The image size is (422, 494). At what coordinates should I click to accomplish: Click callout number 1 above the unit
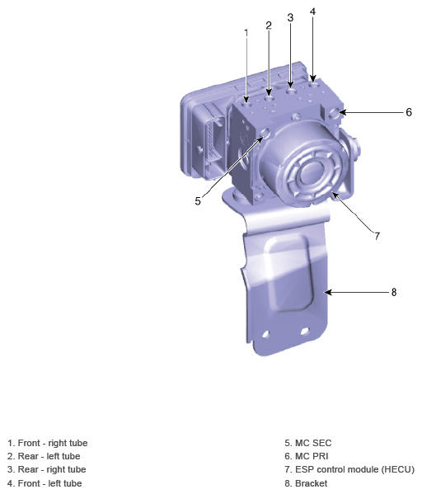(246, 32)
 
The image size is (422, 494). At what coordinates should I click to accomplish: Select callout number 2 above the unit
(269, 26)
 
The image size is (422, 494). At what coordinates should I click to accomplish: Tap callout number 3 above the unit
(290, 17)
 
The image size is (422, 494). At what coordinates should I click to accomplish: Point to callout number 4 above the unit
(312, 12)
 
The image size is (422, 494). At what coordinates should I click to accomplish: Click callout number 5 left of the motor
(198, 200)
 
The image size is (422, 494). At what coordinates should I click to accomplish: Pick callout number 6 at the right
(408, 112)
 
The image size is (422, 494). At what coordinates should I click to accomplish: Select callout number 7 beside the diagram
(377, 236)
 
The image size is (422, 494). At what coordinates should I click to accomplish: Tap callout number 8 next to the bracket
(393, 292)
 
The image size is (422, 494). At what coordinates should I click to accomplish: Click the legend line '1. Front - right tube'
(47, 443)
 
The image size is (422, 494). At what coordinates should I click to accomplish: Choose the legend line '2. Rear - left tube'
(44, 456)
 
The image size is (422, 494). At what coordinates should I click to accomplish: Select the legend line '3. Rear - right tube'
(46, 469)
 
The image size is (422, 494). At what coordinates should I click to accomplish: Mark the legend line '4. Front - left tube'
(45, 483)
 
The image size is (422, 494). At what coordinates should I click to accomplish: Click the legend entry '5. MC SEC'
(307, 443)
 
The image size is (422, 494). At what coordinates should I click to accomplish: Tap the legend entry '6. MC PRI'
(307, 456)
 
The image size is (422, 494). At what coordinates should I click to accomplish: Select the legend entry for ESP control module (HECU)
(349, 469)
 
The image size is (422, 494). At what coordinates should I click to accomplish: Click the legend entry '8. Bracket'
(306, 483)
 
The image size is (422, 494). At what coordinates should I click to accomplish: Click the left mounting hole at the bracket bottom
(266, 335)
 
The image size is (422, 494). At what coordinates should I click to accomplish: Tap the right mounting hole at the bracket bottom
(305, 332)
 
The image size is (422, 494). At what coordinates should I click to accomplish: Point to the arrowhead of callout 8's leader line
(327, 292)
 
